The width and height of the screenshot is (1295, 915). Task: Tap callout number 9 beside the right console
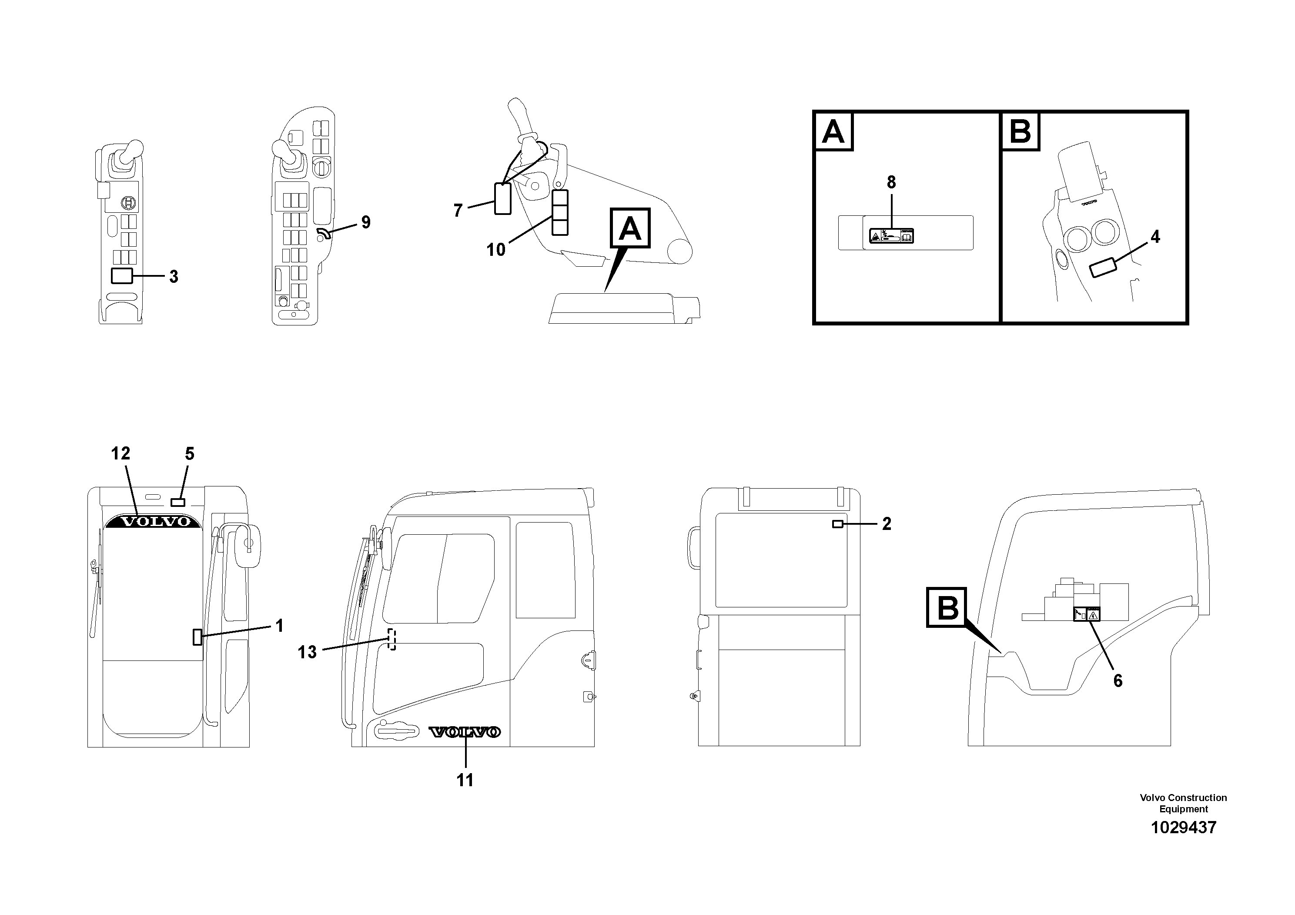(365, 222)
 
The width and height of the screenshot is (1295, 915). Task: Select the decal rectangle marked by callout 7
(502, 198)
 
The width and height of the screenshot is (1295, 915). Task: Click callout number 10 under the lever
(496, 249)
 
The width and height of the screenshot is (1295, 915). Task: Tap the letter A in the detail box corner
(833, 132)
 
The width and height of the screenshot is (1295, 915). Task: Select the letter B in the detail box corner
(1020, 132)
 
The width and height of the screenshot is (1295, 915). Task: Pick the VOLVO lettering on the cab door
(464, 732)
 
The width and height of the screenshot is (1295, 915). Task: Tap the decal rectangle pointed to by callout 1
(197, 637)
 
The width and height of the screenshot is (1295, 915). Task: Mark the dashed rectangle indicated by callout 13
(392, 639)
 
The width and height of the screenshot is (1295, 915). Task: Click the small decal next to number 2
(837, 524)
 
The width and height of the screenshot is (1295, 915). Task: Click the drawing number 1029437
(1183, 828)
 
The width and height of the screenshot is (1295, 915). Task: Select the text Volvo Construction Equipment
(1183, 803)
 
